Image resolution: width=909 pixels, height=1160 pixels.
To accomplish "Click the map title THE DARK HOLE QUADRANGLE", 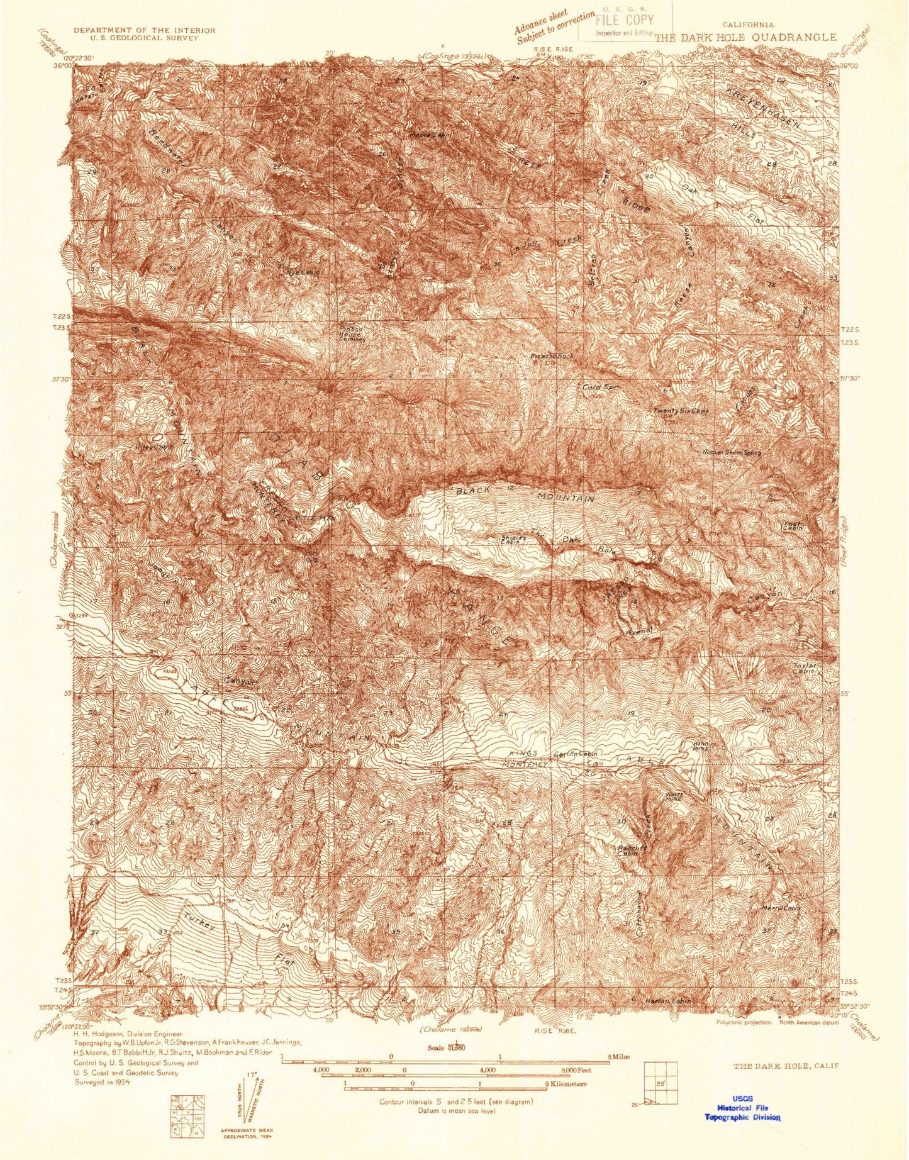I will point(745,37).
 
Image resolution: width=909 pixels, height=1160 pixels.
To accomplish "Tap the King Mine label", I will point(700,746).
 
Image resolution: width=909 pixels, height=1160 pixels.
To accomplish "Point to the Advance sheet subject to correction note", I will point(551,28).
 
